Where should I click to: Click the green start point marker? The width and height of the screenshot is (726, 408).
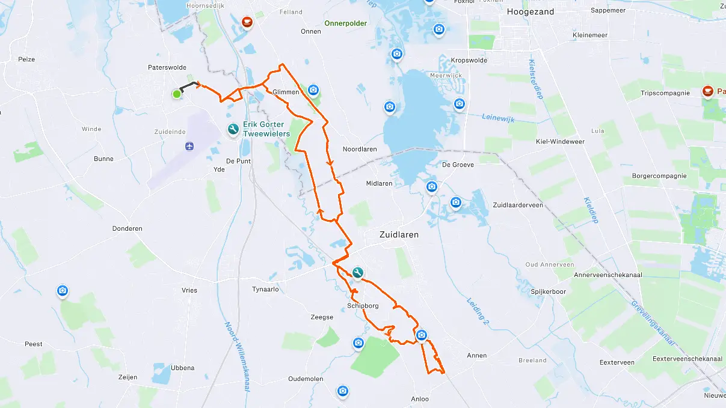177,94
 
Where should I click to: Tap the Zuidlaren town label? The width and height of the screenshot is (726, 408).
398,234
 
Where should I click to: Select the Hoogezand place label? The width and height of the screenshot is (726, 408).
530,11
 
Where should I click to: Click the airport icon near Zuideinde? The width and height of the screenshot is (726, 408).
190,146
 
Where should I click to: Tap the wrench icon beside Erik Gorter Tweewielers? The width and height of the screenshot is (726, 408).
233,129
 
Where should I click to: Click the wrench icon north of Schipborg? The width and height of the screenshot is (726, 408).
358,273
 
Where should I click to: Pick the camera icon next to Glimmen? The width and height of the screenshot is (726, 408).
313,90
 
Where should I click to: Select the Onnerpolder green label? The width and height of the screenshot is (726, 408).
345,23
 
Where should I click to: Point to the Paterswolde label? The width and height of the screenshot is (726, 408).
167,67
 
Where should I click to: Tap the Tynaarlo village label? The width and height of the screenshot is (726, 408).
265,289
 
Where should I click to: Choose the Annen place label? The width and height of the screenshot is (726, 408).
477,355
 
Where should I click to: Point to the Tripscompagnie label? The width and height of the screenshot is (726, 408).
665,93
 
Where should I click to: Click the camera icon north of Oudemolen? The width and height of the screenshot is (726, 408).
358,343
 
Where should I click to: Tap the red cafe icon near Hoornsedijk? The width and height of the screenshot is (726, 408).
247,22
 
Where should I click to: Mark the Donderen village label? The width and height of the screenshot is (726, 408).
127,228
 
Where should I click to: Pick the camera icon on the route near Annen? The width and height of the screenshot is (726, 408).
422,335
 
